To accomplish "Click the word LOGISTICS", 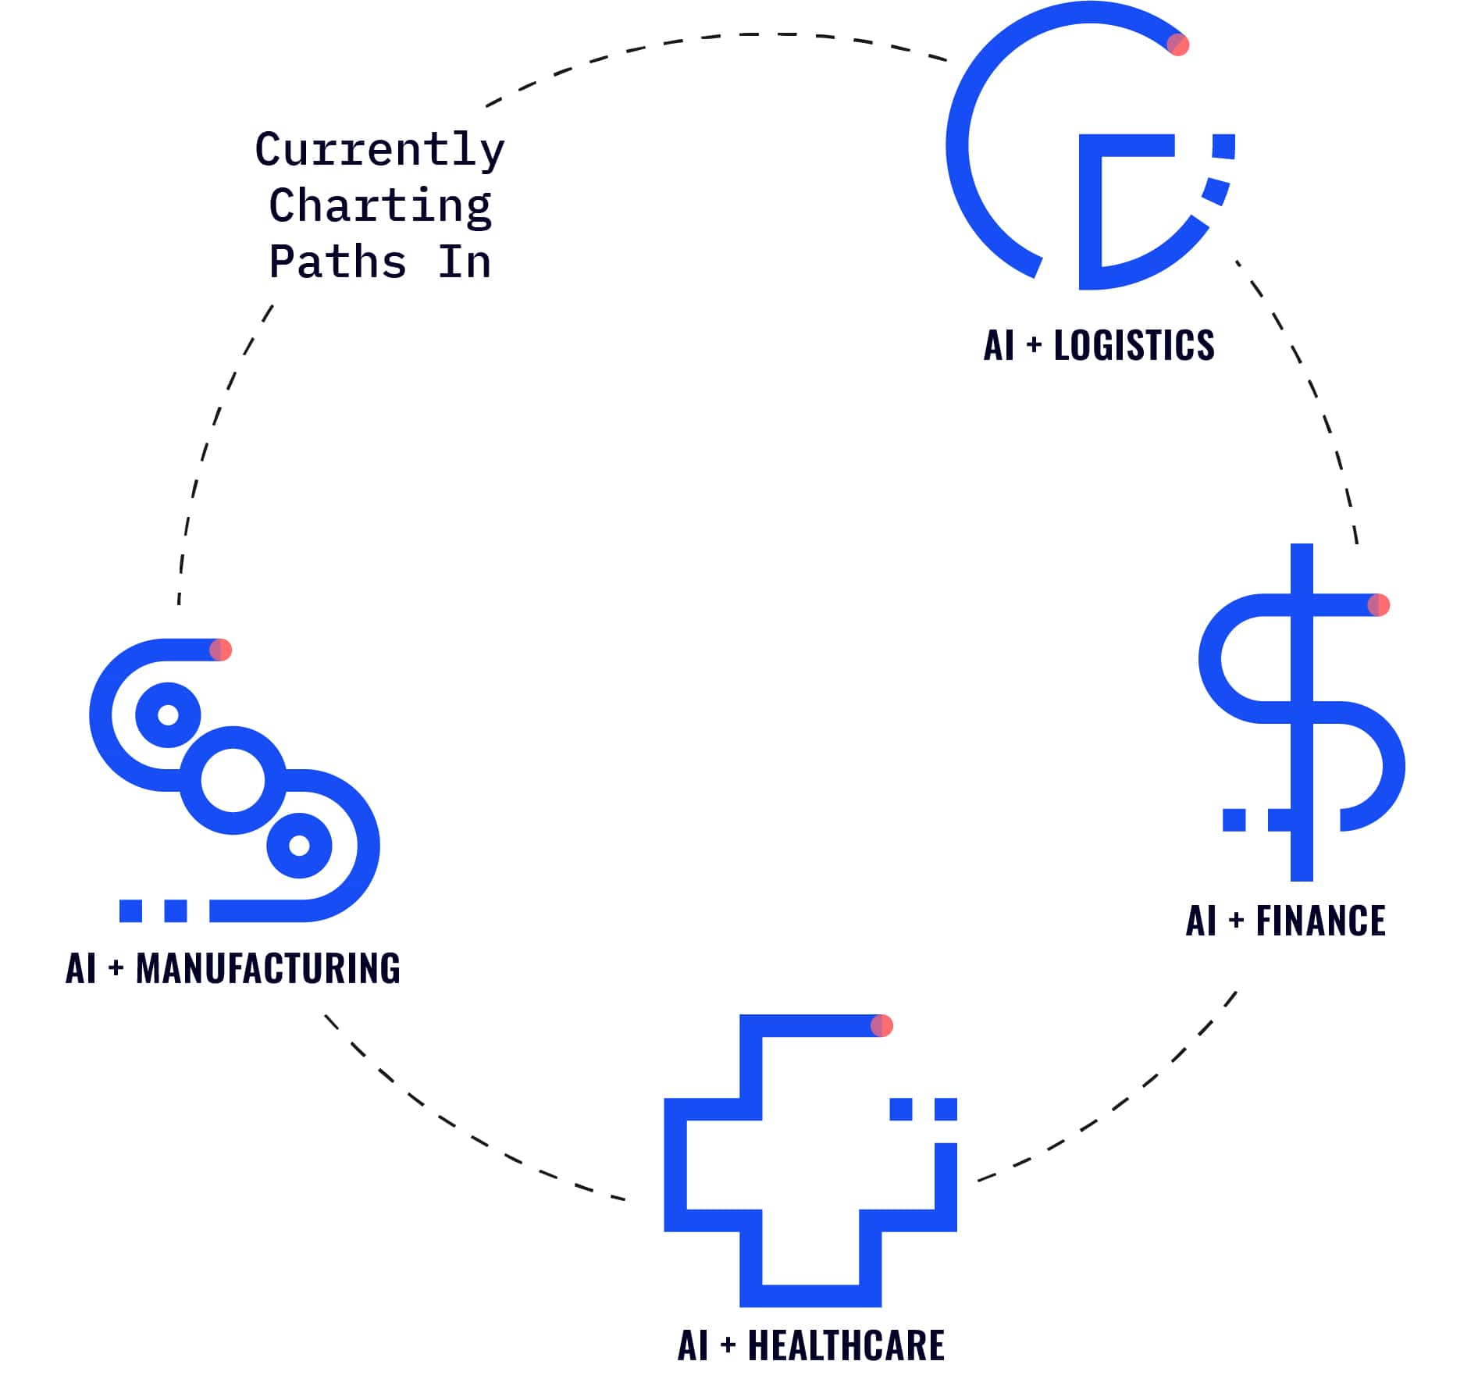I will [x=1134, y=345].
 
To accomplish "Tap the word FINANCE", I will [x=1320, y=921].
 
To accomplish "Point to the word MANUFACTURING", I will [x=268, y=968].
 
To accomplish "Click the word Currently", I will [x=379, y=150].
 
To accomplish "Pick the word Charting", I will [x=379, y=206].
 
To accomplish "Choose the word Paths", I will [x=337, y=262].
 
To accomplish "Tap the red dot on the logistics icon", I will [x=1177, y=45].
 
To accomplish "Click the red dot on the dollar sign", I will [x=1379, y=605].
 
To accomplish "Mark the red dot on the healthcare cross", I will [x=881, y=1025].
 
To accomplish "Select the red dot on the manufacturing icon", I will [x=221, y=650].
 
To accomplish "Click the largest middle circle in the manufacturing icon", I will [x=233, y=780].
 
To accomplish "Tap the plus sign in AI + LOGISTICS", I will [x=1034, y=345].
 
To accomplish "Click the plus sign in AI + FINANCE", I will [x=1236, y=921].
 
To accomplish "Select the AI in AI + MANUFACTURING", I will [x=81, y=968].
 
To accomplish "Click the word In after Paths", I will [x=464, y=262].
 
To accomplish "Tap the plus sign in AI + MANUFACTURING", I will [x=116, y=968].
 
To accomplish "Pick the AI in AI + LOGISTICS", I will [x=999, y=345].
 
